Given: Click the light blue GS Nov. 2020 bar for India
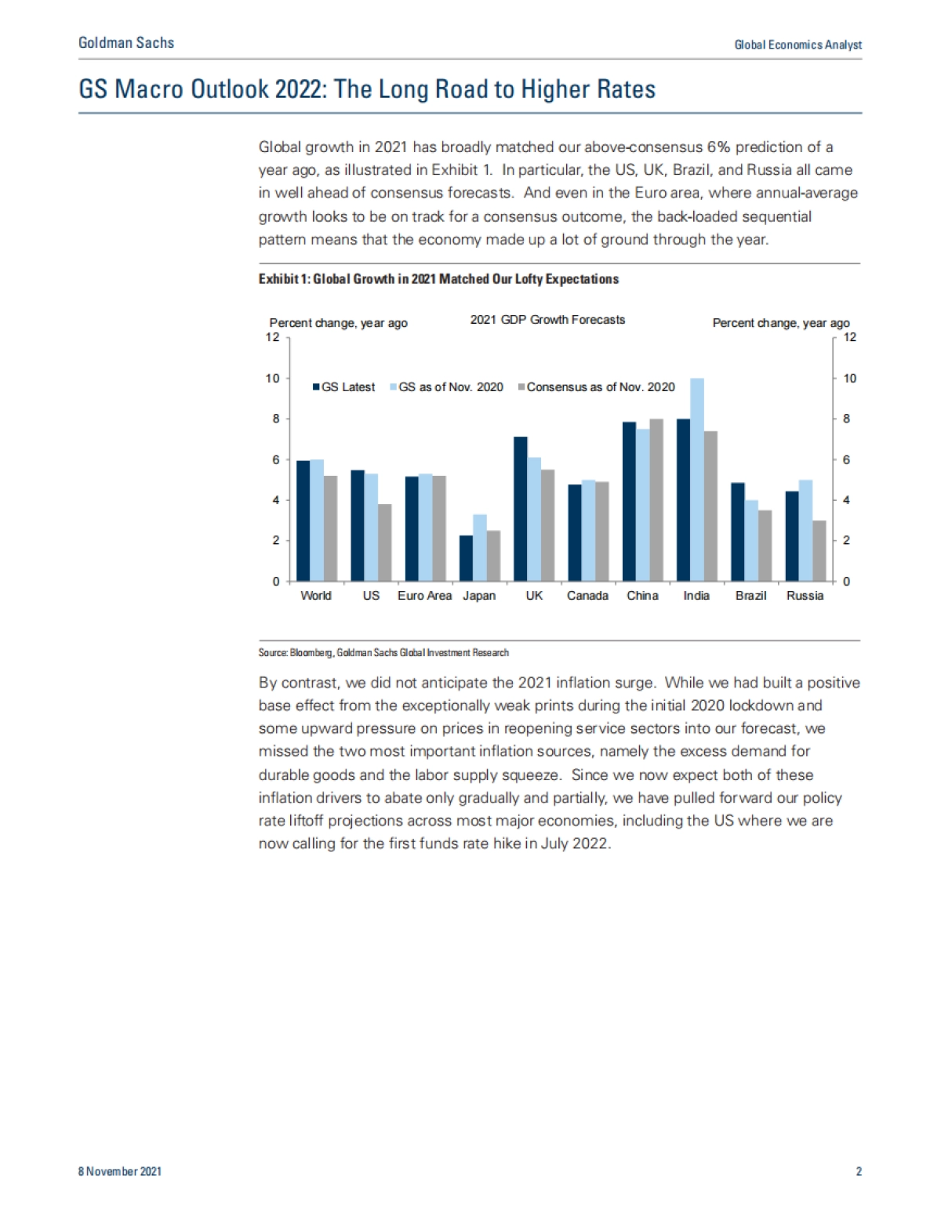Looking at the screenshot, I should pyautogui.click(x=696, y=480).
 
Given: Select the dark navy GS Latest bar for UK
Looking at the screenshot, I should pyautogui.click(x=520, y=509).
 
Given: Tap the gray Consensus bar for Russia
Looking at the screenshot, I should pyautogui.click(x=819, y=550).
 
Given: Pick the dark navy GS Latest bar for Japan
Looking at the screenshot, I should pyautogui.click(x=466, y=558).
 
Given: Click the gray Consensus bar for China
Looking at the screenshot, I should pyautogui.click(x=656, y=500).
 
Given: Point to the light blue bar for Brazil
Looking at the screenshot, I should pyautogui.click(x=751, y=541).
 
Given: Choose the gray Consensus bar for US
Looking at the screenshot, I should pyautogui.click(x=384, y=542).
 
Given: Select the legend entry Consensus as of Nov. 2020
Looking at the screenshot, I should pyautogui.click(x=600, y=387).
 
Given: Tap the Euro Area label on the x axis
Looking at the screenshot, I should pyautogui.click(x=424, y=596).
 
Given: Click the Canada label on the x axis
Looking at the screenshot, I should pyautogui.click(x=587, y=596).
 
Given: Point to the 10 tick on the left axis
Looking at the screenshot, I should pyautogui.click(x=272, y=379).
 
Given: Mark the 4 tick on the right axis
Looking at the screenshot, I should pyautogui.click(x=847, y=500).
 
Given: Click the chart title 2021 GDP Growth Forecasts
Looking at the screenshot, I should pyautogui.click(x=547, y=320).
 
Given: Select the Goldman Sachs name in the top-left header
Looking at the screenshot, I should pyautogui.click(x=126, y=43).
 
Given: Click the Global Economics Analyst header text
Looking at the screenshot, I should pyautogui.click(x=797, y=45).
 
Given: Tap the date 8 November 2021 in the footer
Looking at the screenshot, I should pyautogui.click(x=119, y=1171).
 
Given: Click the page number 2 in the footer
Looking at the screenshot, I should pyautogui.click(x=859, y=1171).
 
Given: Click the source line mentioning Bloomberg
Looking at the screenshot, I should pyautogui.click(x=383, y=652).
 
